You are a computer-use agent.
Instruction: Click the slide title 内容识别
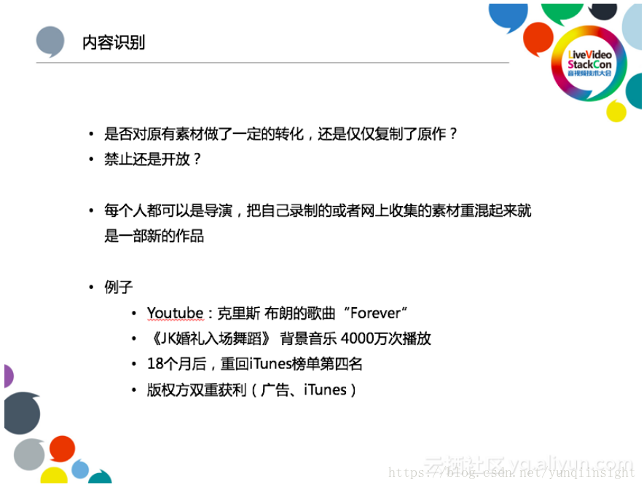[114, 42]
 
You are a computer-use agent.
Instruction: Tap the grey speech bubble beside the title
[50, 41]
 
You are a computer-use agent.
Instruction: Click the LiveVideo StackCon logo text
[589, 63]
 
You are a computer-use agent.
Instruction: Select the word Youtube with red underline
[175, 313]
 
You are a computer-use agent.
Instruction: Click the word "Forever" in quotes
[375, 313]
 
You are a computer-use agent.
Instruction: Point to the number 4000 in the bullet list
[357, 338]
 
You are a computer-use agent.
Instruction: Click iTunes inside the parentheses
[326, 389]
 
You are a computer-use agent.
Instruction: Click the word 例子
[118, 288]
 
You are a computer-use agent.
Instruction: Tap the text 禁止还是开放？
[152, 159]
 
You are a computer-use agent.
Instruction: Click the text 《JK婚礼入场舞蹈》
[210, 338]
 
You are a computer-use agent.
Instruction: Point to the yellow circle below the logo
[616, 111]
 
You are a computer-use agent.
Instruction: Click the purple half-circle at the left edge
[8, 376]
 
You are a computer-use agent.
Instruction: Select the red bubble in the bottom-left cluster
[62, 448]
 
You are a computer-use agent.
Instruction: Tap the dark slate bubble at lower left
[22, 413]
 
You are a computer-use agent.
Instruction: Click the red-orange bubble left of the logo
[538, 39]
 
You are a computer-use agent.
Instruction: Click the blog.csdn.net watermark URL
[511, 472]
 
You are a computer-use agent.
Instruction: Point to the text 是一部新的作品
[154, 236]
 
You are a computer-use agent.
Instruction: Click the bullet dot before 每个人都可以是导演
[91, 211]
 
